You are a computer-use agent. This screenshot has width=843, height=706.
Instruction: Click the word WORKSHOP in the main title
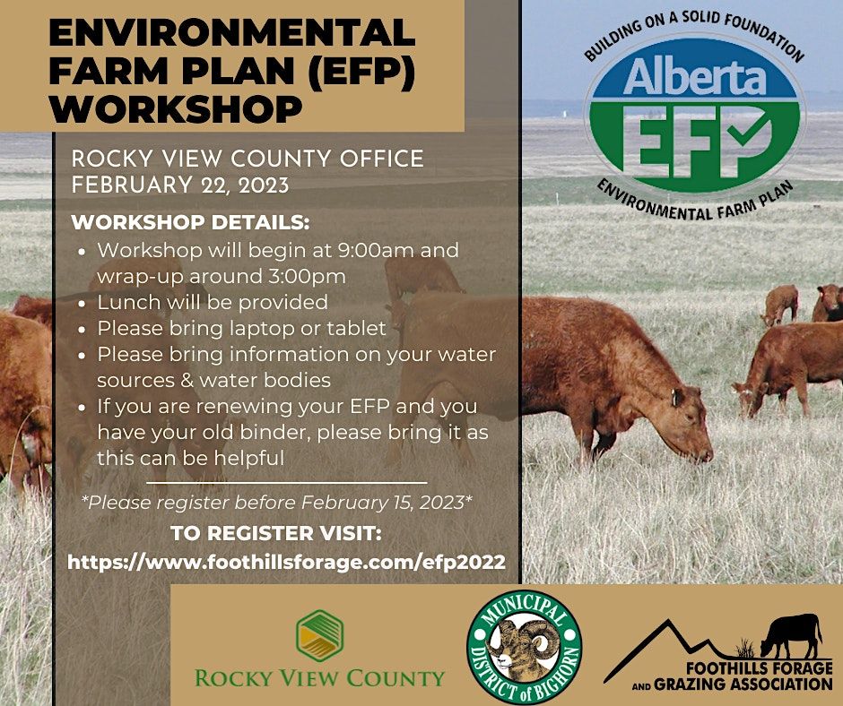[177, 108]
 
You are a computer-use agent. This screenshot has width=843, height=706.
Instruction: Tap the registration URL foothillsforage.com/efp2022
[286, 563]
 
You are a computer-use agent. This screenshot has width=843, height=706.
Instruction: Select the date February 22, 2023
[179, 185]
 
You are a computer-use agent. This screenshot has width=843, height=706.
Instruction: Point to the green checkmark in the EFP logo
[742, 136]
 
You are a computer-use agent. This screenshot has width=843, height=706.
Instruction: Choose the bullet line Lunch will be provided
[213, 302]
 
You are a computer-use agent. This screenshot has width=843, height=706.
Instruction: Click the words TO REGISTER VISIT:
[276, 534]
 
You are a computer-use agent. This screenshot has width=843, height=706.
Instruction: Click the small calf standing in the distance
[781, 305]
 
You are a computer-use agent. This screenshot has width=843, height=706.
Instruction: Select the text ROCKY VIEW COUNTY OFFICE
[247, 159]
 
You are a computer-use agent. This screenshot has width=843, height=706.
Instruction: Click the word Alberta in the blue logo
[694, 79]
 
